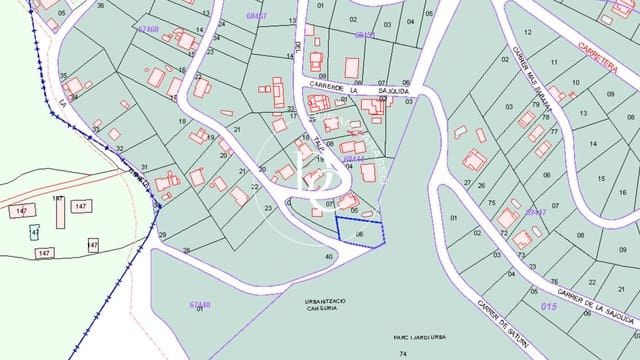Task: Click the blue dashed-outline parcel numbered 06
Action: [360, 232]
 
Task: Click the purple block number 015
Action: [547, 305]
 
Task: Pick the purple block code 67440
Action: [200, 305]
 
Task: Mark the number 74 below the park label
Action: [403, 354]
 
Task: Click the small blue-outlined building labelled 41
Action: [35, 232]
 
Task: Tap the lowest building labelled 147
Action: [44, 254]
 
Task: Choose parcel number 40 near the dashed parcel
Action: [329, 257]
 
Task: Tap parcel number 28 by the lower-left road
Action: [186, 250]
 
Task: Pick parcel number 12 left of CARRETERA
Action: [527, 33]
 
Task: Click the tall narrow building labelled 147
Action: [59, 211]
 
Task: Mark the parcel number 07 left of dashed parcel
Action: [329, 204]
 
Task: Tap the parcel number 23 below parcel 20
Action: [271, 208]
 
